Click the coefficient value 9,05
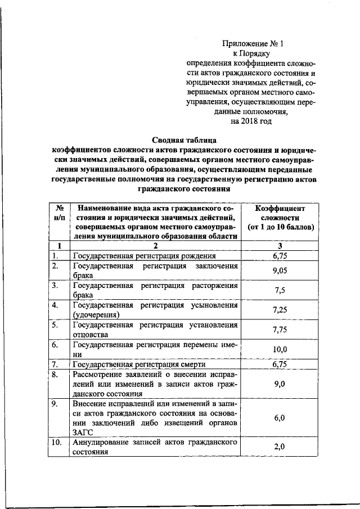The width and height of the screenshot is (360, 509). pos(280,270)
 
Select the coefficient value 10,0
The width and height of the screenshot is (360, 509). pos(280,349)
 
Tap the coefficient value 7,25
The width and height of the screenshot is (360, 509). pos(280,310)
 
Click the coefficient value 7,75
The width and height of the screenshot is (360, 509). pos(280,330)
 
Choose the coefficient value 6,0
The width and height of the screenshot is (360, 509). pos(280,418)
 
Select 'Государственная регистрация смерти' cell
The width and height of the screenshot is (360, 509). pos(136,364)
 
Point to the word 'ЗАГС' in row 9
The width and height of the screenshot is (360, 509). pos(82,433)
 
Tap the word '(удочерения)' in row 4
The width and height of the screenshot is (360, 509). pos(96,314)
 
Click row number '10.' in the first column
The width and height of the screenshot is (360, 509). pos(56,442)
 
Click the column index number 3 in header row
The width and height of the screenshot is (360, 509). pos(280,246)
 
